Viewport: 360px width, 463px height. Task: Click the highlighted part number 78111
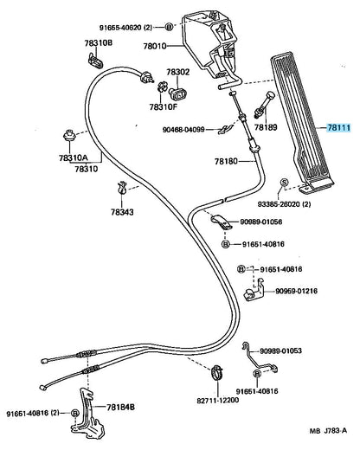click(338, 128)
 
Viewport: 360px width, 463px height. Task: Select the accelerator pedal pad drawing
click(302, 123)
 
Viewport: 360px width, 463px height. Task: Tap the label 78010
click(155, 47)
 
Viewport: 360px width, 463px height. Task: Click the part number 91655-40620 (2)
click(125, 28)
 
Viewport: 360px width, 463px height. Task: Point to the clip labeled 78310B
click(95, 61)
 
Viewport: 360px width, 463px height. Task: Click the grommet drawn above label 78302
click(177, 94)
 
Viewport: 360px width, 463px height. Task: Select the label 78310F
click(164, 106)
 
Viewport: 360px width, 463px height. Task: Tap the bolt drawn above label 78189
click(264, 105)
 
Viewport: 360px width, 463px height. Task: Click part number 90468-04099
click(183, 129)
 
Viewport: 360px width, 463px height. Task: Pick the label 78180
click(226, 161)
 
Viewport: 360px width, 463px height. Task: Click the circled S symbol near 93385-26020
click(284, 183)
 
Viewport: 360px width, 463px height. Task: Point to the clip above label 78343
click(122, 188)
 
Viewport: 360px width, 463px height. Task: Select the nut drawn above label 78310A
click(70, 136)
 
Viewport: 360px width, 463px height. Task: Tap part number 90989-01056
click(260, 222)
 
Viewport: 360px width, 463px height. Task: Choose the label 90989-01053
click(281, 350)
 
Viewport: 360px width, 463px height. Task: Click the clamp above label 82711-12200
click(217, 372)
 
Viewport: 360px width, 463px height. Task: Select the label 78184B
click(120, 408)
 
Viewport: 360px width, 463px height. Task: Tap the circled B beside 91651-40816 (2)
click(75, 413)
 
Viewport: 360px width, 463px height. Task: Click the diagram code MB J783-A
click(328, 431)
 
